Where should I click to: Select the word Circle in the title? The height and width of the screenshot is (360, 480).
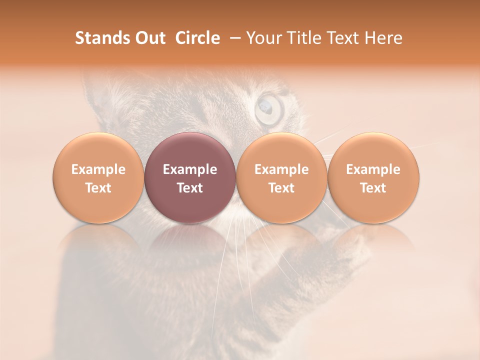coord(197,38)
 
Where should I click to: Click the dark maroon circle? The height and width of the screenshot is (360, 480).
coord(189,177)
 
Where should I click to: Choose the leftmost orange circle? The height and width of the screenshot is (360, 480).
coord(98,177)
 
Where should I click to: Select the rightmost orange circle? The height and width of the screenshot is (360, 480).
coord(373,177)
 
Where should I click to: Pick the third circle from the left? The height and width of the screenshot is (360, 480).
coord(281,177)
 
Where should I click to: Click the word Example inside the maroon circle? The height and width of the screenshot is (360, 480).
coord(190,169)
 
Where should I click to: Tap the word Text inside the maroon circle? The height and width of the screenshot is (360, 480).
coord(190,188)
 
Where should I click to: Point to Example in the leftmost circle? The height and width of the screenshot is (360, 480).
coord(98,169)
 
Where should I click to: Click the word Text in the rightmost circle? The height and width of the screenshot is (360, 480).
coord(373,188)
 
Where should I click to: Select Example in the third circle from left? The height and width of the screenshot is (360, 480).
coord(281,169)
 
